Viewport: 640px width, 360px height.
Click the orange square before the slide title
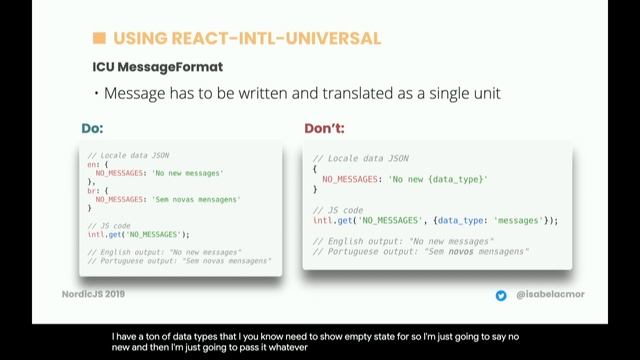click(x=99, y=39)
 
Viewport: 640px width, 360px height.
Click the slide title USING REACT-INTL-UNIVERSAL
click(x=247, y=39)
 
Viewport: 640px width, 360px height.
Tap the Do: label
click(x=92, y=129)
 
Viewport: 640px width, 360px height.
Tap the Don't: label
click(x=326, y=129)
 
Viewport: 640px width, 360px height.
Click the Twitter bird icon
click(x=501, y=296)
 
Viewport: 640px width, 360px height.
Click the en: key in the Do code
click(x=95, y=163)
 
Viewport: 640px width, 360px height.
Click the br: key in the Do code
click(x=95, y=190)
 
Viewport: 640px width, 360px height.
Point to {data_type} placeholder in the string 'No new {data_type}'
click(x=455, y=178)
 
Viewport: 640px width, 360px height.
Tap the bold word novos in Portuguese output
click(x=460, y=252)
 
